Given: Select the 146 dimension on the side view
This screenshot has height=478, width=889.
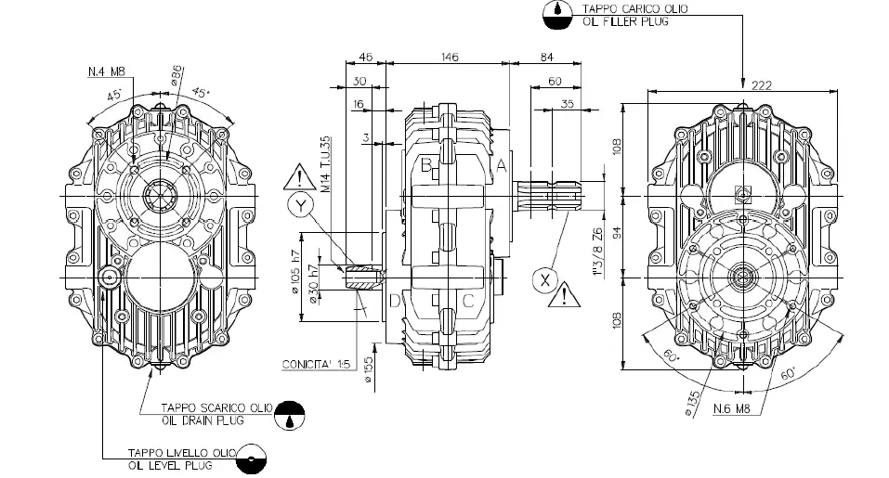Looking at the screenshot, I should coord(450,58).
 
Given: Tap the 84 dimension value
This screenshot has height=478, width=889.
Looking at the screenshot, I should coord(545,58).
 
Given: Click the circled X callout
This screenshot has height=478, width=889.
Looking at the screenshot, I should coord(545,278).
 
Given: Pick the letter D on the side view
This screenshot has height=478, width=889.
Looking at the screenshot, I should coord(395,300).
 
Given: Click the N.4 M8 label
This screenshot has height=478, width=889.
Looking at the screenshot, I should coord(108,71).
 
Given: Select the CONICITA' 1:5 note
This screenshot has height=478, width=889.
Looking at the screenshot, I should coord(314,365).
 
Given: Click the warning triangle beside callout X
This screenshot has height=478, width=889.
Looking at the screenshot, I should coord(564,297).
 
